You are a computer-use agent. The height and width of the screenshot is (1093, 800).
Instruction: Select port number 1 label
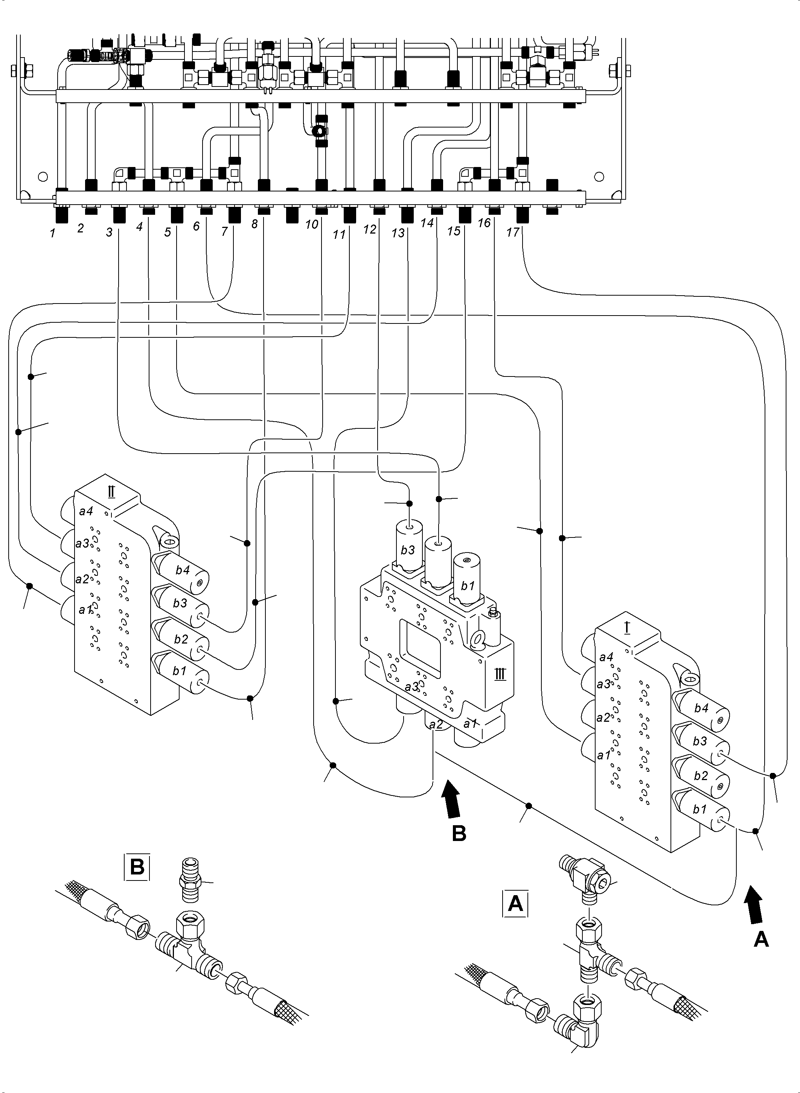pyautogui.click(x=52, y=233)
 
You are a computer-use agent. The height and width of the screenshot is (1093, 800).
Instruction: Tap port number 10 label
pyautogui.click(x=311, y=225)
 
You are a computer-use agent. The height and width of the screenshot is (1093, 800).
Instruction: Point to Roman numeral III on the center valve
pyautogui.click(x=500, y=674)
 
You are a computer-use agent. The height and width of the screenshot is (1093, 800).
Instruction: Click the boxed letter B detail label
pyautogui.click(x=137, y=867)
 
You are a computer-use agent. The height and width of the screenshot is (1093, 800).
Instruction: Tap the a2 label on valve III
pyautogui.click(x=436, y=724)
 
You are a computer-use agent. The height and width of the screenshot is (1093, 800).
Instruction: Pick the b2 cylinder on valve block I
pyautogui.click(x=700, y=776)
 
